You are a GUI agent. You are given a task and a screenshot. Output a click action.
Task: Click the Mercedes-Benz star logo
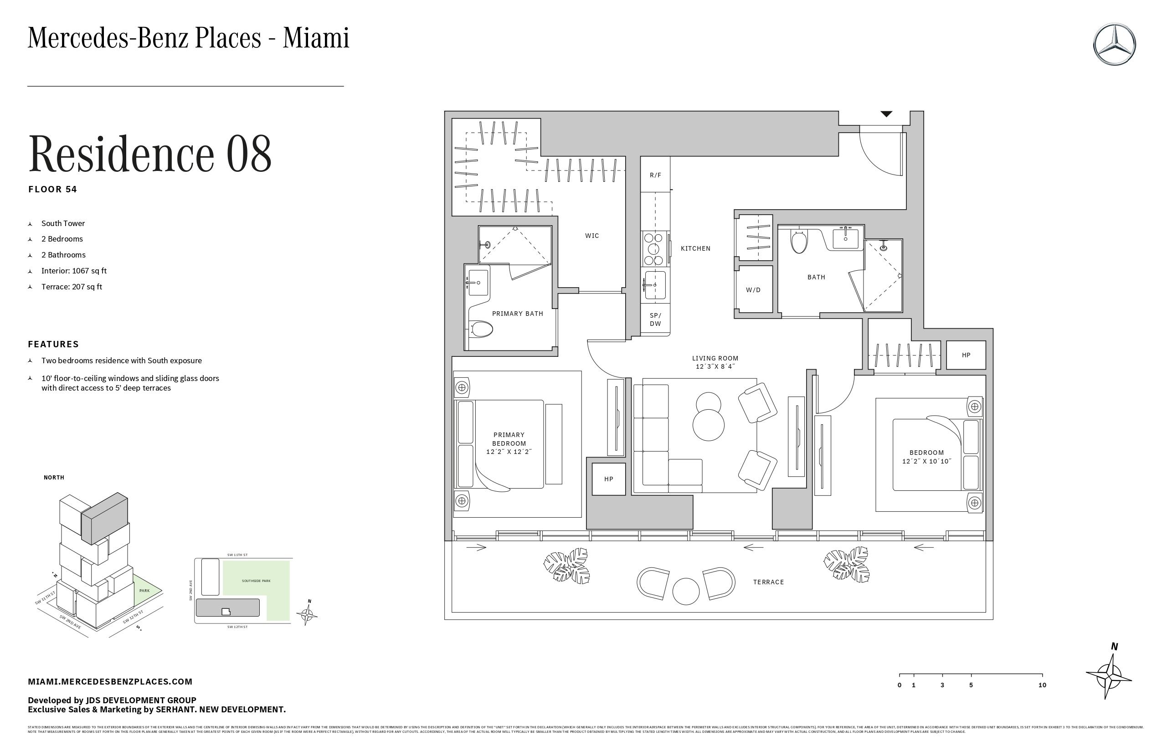point(1114,44)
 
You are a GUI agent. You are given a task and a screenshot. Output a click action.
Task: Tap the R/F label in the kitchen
point(655,175)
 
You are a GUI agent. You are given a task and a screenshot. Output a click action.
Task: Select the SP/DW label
point(655,319)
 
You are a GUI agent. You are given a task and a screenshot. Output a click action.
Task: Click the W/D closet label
point(753,289)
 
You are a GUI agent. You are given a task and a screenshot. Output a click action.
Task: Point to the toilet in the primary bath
point(481,329)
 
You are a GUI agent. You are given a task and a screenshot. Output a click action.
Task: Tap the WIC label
point(592,235)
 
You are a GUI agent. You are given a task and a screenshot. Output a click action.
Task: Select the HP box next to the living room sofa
point(608,479)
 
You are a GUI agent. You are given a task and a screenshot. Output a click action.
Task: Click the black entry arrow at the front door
point(886,114)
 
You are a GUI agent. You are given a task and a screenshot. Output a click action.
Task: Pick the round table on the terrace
point(685,591)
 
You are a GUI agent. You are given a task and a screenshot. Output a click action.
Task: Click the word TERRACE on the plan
point(768,582)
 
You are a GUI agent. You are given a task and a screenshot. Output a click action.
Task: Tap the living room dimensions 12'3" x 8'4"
point(715,366)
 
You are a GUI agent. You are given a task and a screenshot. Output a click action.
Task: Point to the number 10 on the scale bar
point(1042,685)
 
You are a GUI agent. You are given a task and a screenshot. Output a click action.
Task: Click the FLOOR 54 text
point(53,190)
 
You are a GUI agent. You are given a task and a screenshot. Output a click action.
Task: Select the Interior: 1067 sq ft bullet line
point(74,271)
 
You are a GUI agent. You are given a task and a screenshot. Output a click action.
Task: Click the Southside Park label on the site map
point(256,581)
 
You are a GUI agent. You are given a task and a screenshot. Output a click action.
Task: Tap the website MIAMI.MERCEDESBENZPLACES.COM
point(110,682)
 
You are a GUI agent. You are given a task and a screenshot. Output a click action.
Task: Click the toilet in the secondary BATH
point(799,242)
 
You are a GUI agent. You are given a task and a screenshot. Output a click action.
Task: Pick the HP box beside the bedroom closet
point(966,355)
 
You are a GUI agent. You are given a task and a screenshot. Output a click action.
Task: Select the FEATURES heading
point(53,344)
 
